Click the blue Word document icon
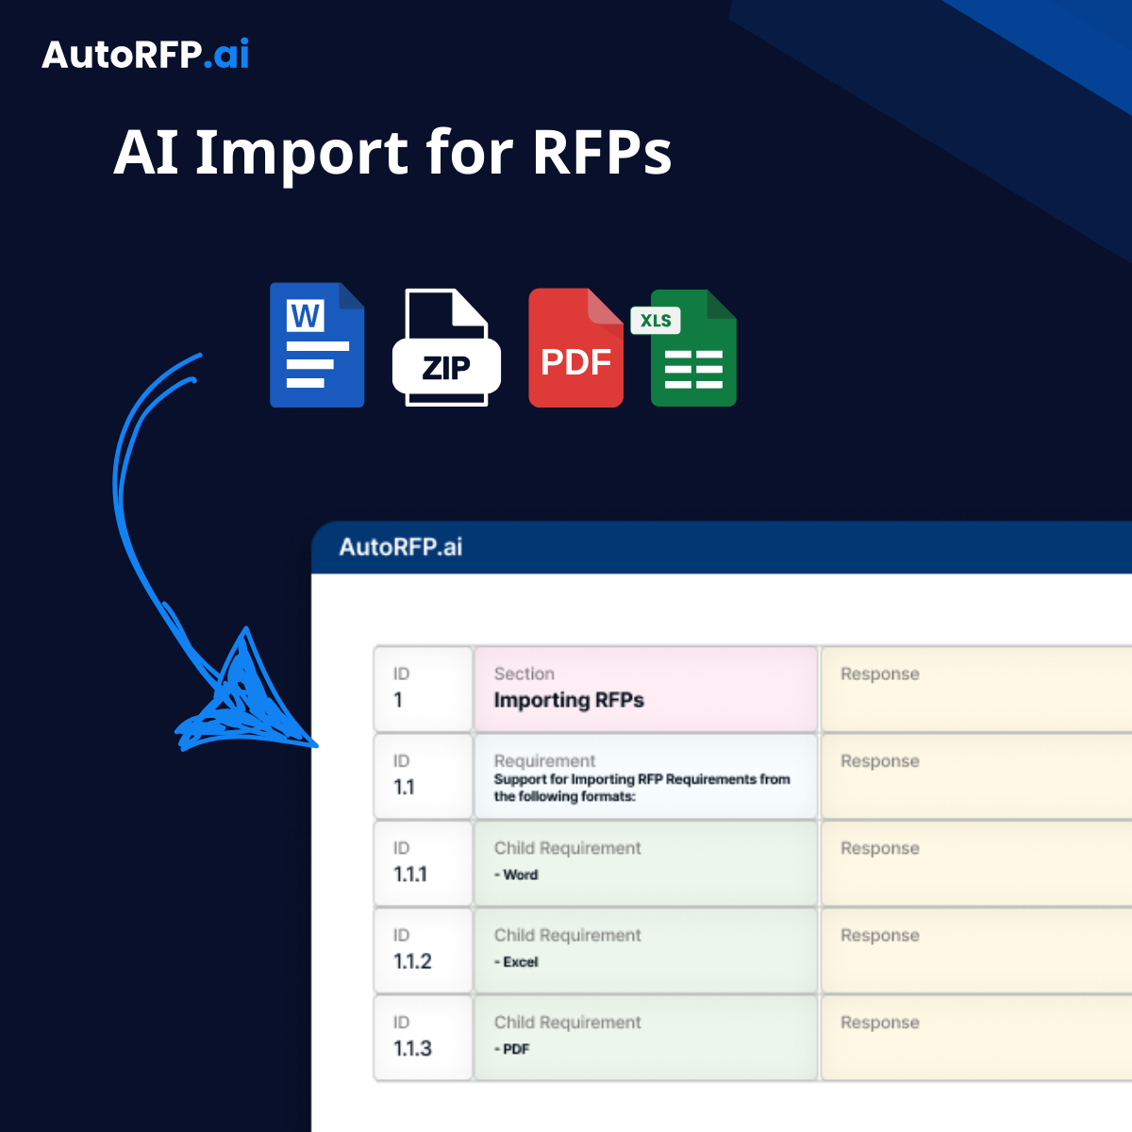317,345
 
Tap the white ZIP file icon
446,347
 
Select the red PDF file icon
575,348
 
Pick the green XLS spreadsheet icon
692,348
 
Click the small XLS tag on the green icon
655,320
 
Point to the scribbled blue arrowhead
244,699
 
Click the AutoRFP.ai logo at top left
145,55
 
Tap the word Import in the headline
301,154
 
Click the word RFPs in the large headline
602,153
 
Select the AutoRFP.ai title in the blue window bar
401,547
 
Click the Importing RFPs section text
569,700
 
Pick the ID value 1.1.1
409,874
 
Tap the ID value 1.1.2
412,961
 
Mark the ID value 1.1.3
412,1048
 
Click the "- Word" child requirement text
516,874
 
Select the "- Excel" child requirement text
516,961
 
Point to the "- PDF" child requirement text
511,1049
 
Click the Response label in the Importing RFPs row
879,674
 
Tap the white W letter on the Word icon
305,315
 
